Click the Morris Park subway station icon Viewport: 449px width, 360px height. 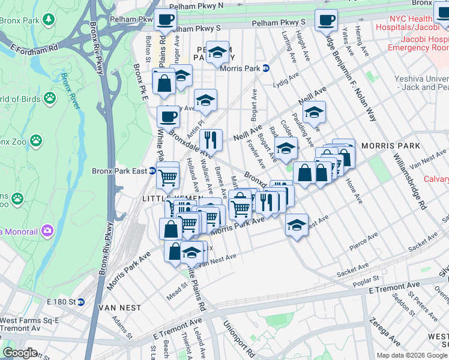[x=265, y=68]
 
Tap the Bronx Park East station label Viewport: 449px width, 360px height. [x=119, y=171]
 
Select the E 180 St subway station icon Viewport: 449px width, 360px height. [x=81, y=301]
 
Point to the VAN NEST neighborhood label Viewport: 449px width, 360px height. [x=121, y=308]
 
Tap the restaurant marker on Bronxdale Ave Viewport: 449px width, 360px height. [x=211, y=140]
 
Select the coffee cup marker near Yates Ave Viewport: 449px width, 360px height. [x=326, y=20]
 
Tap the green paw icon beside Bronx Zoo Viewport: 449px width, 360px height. [x=37, y=140]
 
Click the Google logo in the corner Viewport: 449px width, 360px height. [x=20, y=353]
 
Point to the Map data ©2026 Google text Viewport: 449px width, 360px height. [x=411, y=355]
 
